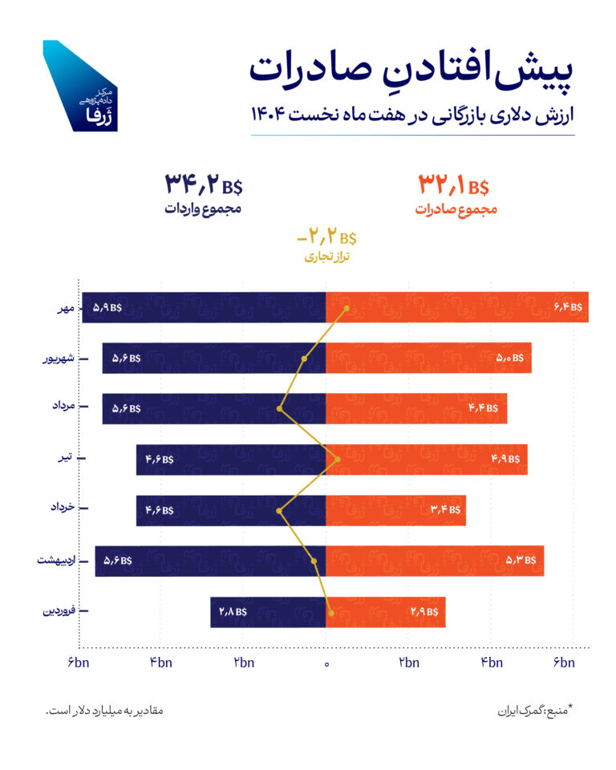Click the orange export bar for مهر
click(x=457, y=307)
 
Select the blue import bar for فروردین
click(x=268, y=612)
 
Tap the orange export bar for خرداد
click(x=395, y=510)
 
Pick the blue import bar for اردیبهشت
click(x=210, y=561)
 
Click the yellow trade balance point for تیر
click(x=338, y=460)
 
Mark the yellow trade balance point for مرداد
click(x=280, y=409)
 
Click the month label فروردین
click(x=55, y=612)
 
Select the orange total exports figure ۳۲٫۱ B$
click(x=453, y=186)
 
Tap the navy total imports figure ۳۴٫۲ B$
click(x=203, y=185)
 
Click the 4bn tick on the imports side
click(x=160, y=663)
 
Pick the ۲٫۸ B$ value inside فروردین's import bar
click(x=233, y=612)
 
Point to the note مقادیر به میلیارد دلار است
click(x=104, y=711)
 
